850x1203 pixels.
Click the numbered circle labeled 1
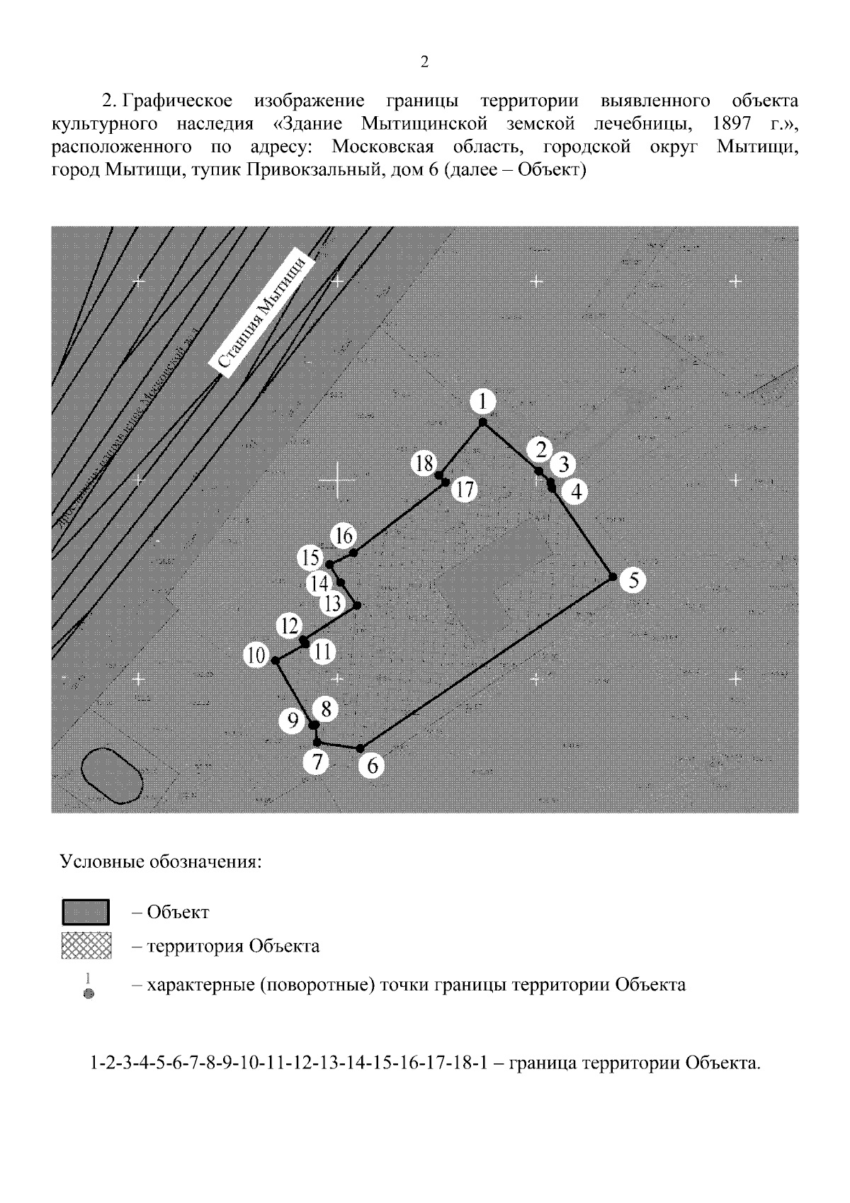pyautogui.click(x=482, y=402)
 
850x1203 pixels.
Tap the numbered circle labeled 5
pyautogui.click(x=633, y=581)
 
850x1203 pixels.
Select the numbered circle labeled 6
pyautogui.click(x=372, y=766)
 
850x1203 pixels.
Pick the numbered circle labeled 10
pyautogui.click(x=256, y=656)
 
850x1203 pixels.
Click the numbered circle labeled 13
pyautogui.click(x=331, y=604)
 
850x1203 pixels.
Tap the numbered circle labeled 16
pyautogui.click(x=344, y=536)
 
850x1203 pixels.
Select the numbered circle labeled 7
pyautogui.click(x=316, y=763)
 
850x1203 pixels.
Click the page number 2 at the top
pyautogui.click(x=424, y=62)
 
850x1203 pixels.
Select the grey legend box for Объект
pyautogui.click(x=86, y=912)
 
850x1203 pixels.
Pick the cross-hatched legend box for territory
pyautogui.click(x=86, y=947)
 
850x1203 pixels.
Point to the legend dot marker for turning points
pyautogui.click(x=89, y=994)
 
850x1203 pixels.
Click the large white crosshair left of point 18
pyautogui.click(x=337, y=481)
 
